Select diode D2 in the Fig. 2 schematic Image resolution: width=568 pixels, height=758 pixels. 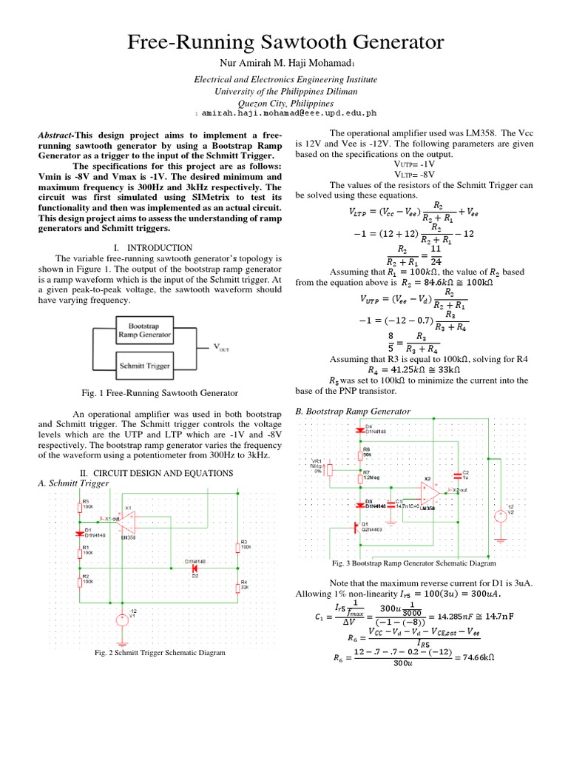click(x=195, y=568)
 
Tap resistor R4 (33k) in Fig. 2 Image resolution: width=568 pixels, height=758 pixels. click(x=238, y=588)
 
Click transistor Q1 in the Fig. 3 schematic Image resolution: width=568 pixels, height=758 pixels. click(x=354, y=528)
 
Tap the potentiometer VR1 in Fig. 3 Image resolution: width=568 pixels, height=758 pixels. click(x=331, y=469)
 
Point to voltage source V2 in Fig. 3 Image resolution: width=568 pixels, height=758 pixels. click(x=499, y=513)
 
